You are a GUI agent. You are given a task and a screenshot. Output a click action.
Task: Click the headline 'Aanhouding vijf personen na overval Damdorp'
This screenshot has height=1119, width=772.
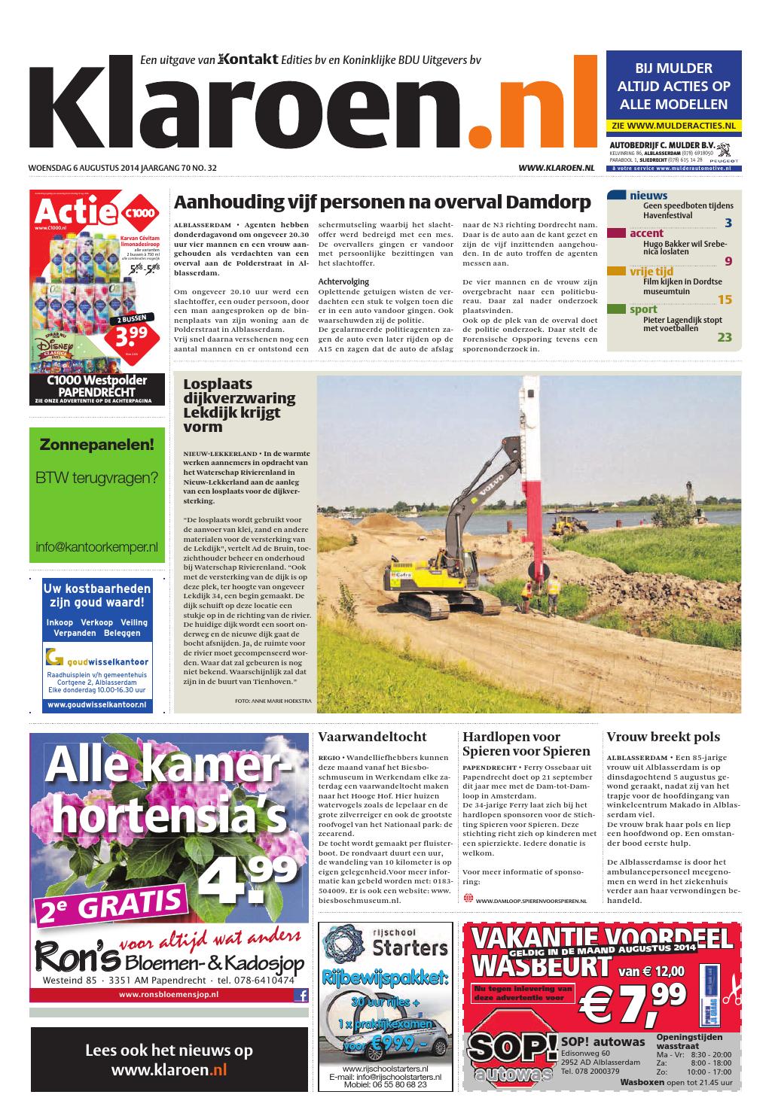[383, 202]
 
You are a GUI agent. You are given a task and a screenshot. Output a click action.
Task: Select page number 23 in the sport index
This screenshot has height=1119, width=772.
[724, 337]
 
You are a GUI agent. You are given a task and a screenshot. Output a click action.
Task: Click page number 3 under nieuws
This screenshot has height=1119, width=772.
[728, 223]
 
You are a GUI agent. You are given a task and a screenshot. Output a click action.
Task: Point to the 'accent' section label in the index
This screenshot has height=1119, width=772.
[646, 233]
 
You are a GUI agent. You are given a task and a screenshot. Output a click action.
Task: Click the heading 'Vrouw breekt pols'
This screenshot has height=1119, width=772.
[663, 737]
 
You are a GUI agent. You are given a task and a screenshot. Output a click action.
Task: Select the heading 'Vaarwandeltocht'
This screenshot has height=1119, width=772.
[372, 737]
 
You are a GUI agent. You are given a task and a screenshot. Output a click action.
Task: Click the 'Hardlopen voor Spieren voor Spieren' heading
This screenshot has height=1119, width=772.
[526, 743]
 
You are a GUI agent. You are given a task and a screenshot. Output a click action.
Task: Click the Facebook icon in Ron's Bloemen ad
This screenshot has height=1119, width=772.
[301, 995]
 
